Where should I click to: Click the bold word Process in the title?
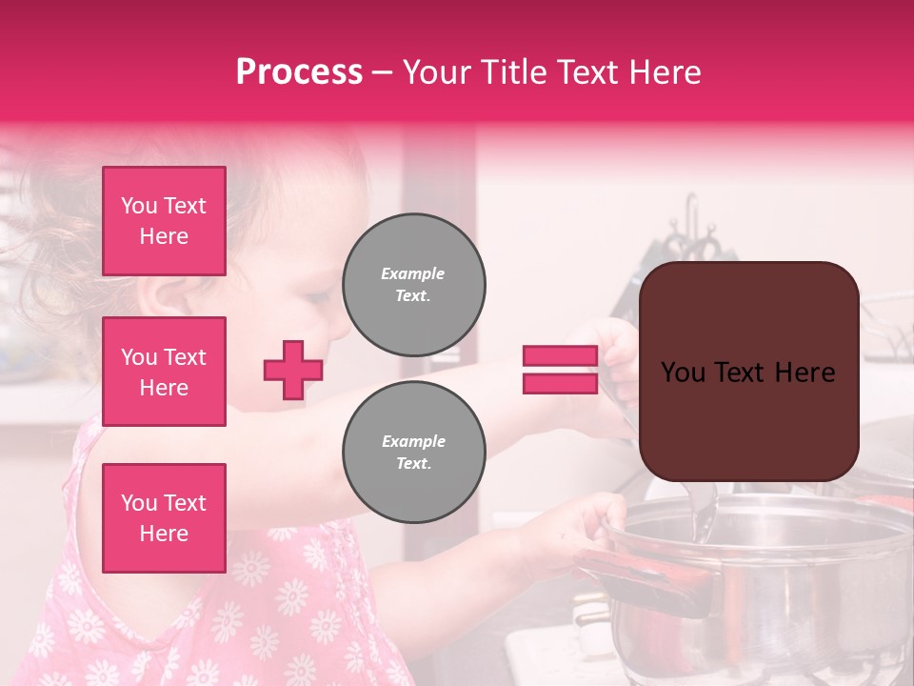click(x=299, y=72)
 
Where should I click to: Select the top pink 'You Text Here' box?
click(x=164, y=221)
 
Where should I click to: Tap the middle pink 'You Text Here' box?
click(x=164, y=372)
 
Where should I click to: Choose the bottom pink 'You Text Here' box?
click(x=164, y=518)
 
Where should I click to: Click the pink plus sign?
click(x=293, y=370)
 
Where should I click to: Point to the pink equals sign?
click(x=561, y=370)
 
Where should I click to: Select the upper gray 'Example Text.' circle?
click(x=413, y=285)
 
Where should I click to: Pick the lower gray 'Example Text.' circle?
click(x=413, y=453)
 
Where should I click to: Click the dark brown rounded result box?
click(x=748, y=372)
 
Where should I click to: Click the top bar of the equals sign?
click(x=561, y=356)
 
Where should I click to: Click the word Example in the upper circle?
click(x=412, y=273)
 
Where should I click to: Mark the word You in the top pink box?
click(x=139, y=206)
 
